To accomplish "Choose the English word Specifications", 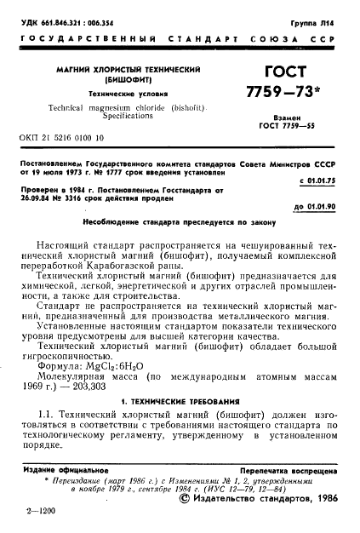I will point(127,120).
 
